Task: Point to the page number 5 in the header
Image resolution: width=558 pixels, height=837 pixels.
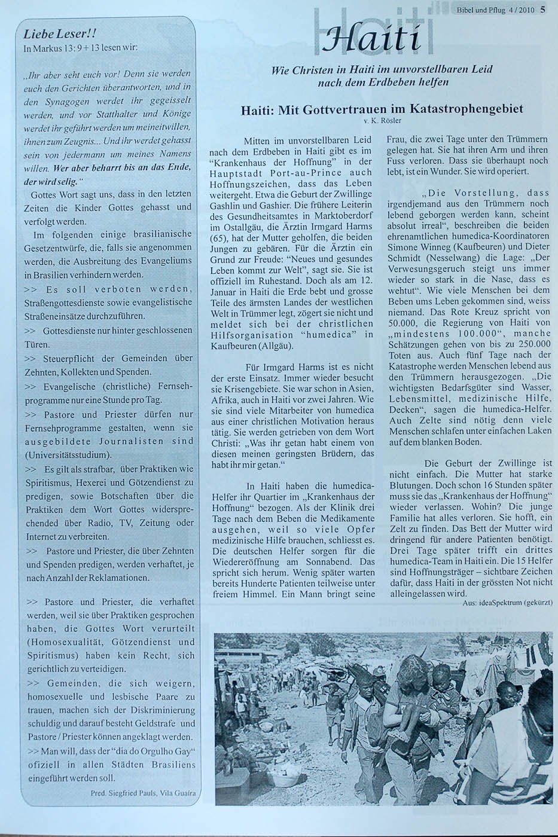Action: tap(542, 8)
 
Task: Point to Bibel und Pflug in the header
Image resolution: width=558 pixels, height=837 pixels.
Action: tap(482, 9)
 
